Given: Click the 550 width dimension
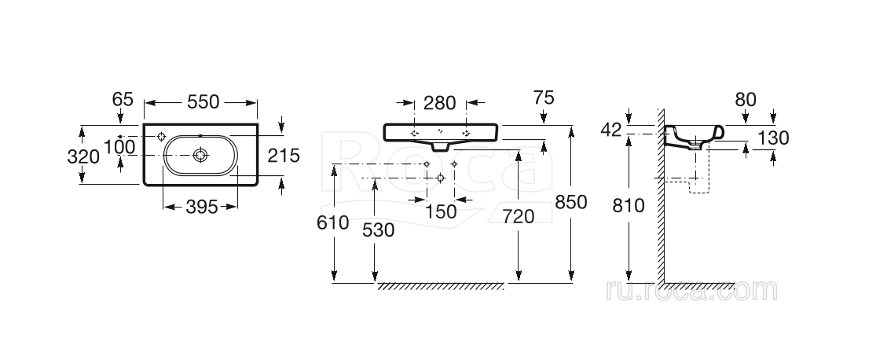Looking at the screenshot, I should click(203, 102).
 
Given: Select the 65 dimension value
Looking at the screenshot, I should click(122, 99).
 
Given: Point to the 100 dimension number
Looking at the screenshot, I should click(119, 147).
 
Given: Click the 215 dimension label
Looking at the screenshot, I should click(284, 156).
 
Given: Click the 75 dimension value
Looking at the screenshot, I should click(542, 98).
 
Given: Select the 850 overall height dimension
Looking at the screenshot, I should click(571, 202).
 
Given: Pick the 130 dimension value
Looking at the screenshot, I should click(773, 138).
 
